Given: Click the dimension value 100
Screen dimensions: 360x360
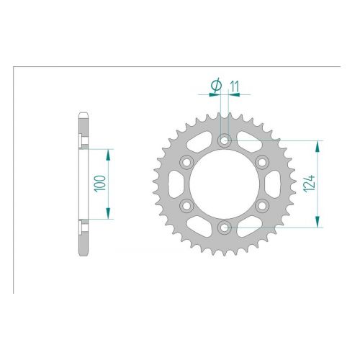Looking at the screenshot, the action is pos(100,184).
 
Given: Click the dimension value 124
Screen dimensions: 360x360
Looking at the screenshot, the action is pos(309,184).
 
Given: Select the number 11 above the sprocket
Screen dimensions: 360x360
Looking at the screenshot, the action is pos(235,87).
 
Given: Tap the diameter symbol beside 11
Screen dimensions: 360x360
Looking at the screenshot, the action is pos(216,86).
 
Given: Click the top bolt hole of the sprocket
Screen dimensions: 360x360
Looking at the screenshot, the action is pos(225,140).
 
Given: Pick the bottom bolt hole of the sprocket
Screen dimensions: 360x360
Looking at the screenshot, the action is pos(225,227).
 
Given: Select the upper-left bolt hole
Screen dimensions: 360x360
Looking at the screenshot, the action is pos(186,162).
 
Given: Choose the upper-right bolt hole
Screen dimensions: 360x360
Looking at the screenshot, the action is pos(262,162).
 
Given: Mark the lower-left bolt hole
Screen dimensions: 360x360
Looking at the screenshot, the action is pos(186,205).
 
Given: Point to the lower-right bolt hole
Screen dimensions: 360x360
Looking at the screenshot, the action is pos(262,205).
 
